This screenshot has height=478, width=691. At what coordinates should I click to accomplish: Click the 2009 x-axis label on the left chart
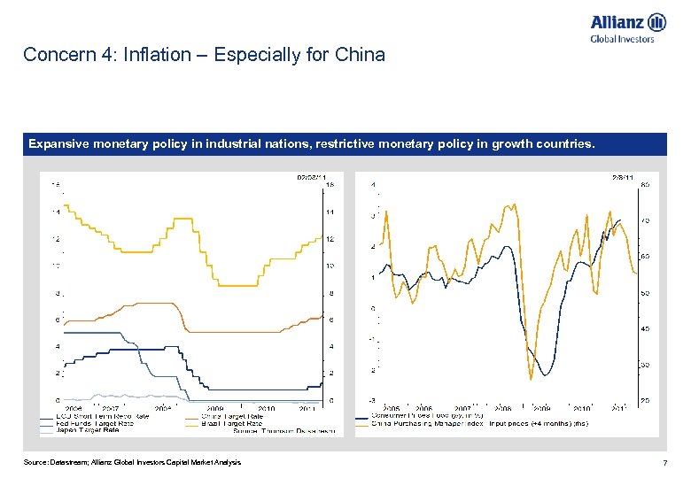pos(216,408)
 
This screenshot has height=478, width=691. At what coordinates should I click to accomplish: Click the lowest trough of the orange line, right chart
pos(531,379)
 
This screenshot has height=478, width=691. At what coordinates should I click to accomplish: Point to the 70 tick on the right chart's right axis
pos(646,221)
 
